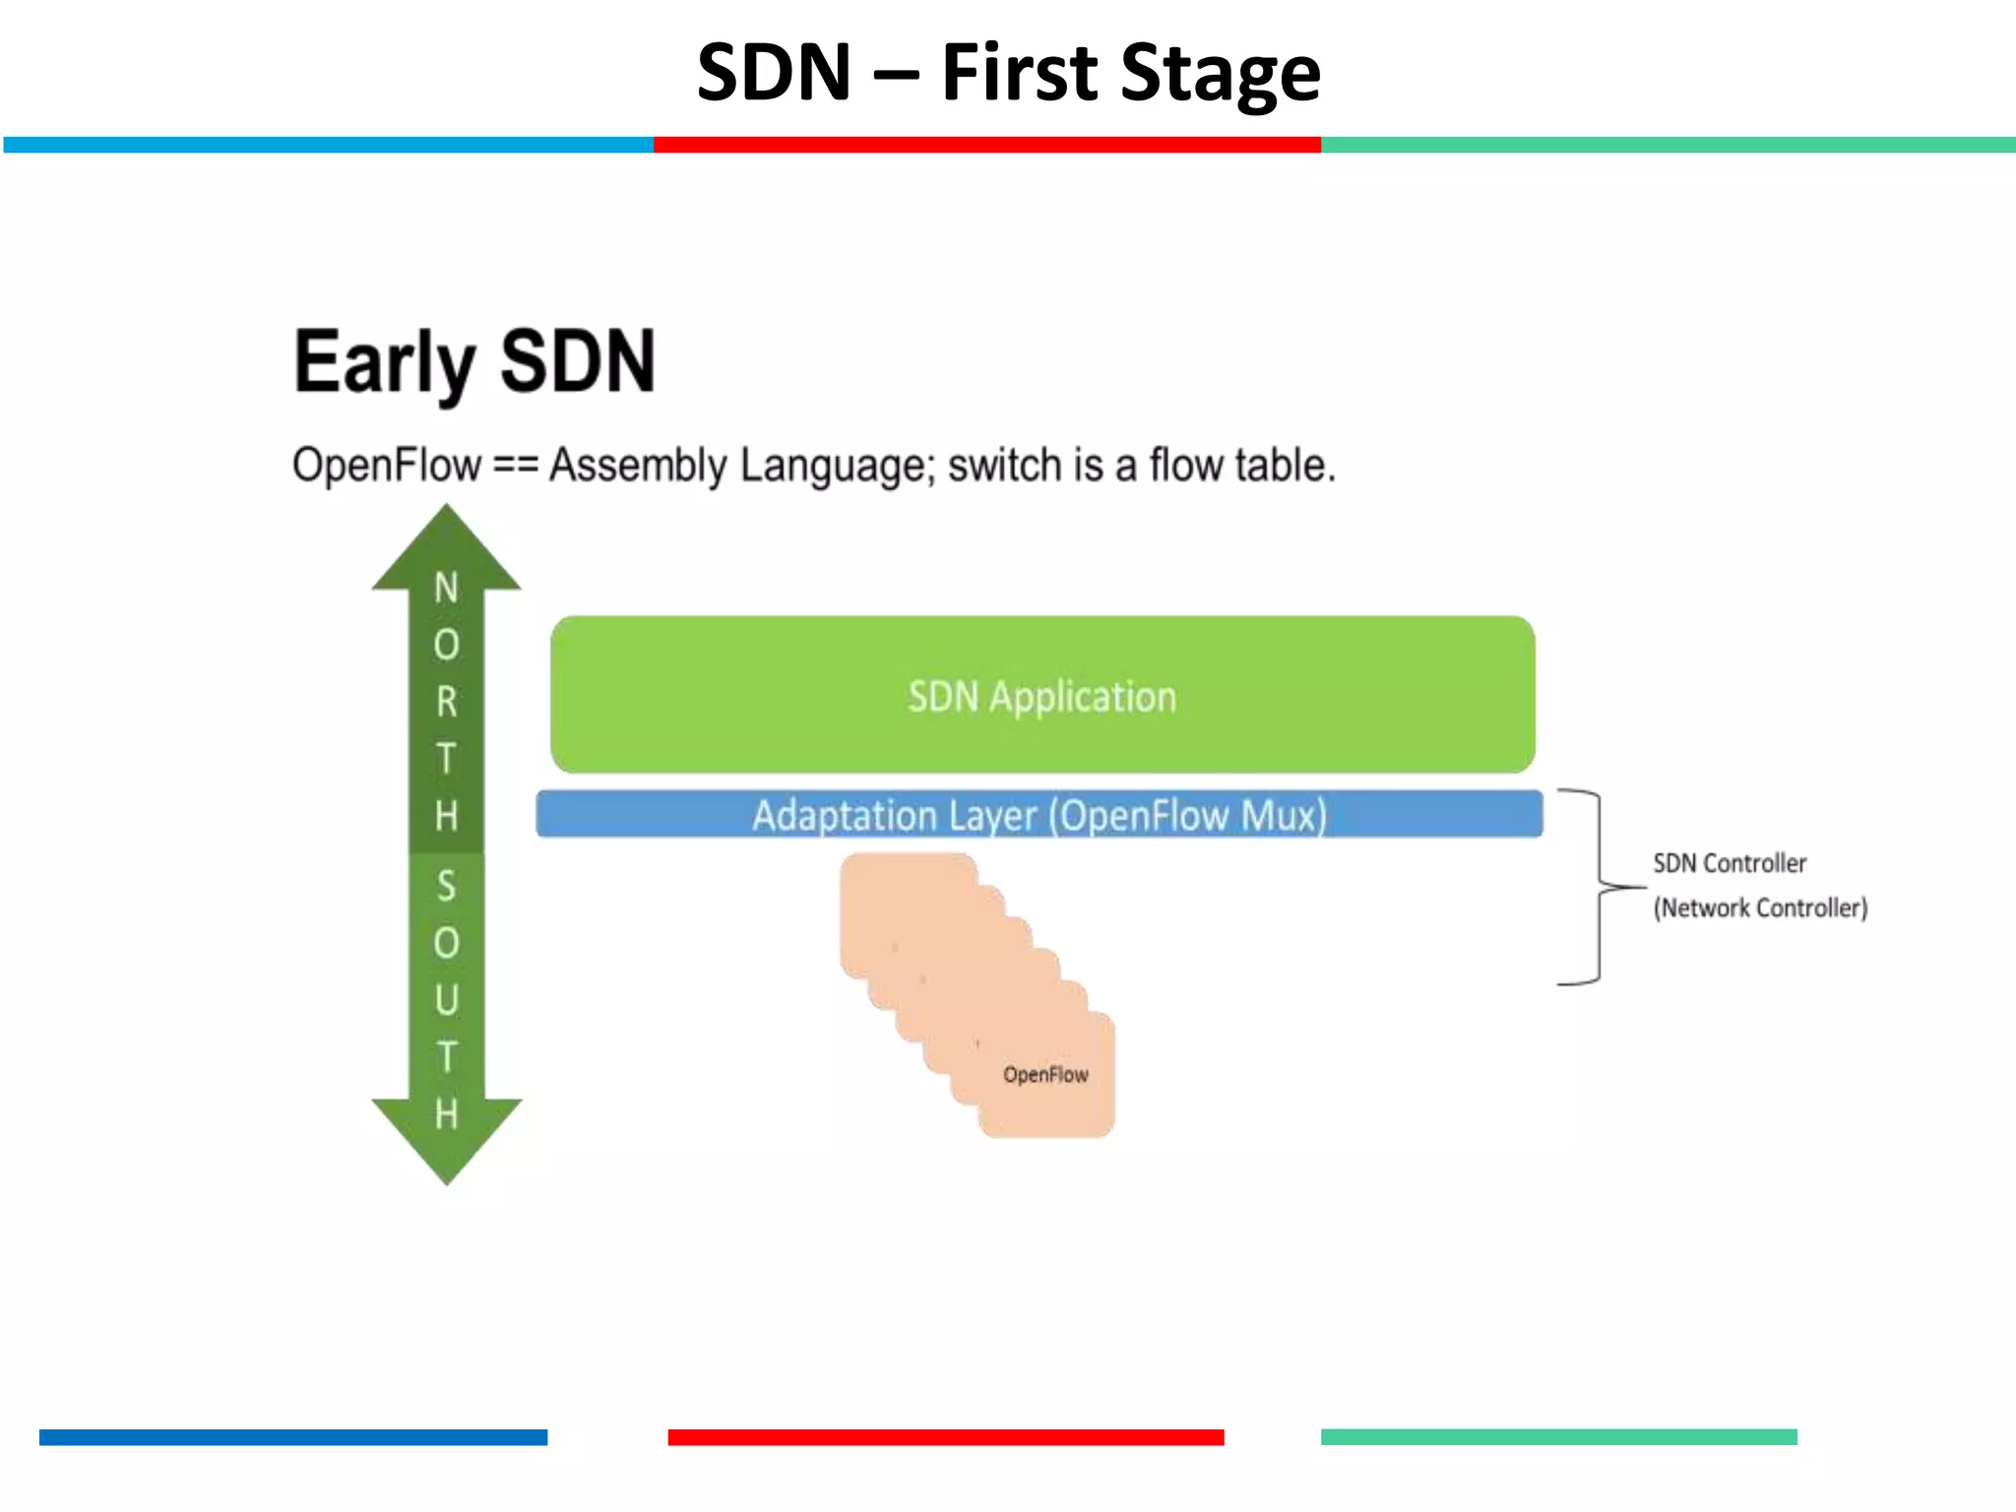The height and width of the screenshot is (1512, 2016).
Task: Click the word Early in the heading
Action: point(384,362)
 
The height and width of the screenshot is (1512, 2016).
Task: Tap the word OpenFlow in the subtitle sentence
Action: point(387,465)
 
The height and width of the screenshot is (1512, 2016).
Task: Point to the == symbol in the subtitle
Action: point(515,465)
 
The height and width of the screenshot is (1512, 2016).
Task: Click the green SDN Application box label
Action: point(1041,696)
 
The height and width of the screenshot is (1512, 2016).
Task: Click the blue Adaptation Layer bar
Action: point(1039,815)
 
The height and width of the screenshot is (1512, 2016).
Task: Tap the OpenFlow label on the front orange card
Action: point(1045,1074)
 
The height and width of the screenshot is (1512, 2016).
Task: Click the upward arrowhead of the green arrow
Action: point(446,551)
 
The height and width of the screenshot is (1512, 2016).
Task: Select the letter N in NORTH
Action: point(446,588)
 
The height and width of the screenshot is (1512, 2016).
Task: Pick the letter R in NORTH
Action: point(446,702)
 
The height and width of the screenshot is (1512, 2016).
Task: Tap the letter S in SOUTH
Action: point(446,886)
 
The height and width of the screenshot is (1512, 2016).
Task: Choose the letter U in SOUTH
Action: point(446,1000)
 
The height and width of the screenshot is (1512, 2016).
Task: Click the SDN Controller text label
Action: point(1730,863)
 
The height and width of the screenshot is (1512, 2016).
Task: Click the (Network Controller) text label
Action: point(1759,908)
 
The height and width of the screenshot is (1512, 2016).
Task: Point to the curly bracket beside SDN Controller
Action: point(1599,886)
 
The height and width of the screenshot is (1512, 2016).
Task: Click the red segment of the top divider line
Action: point(986,145)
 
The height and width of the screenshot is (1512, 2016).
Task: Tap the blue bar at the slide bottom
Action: point(292,1437)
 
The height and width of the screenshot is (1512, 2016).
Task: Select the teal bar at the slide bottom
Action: point(1558,1437)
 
